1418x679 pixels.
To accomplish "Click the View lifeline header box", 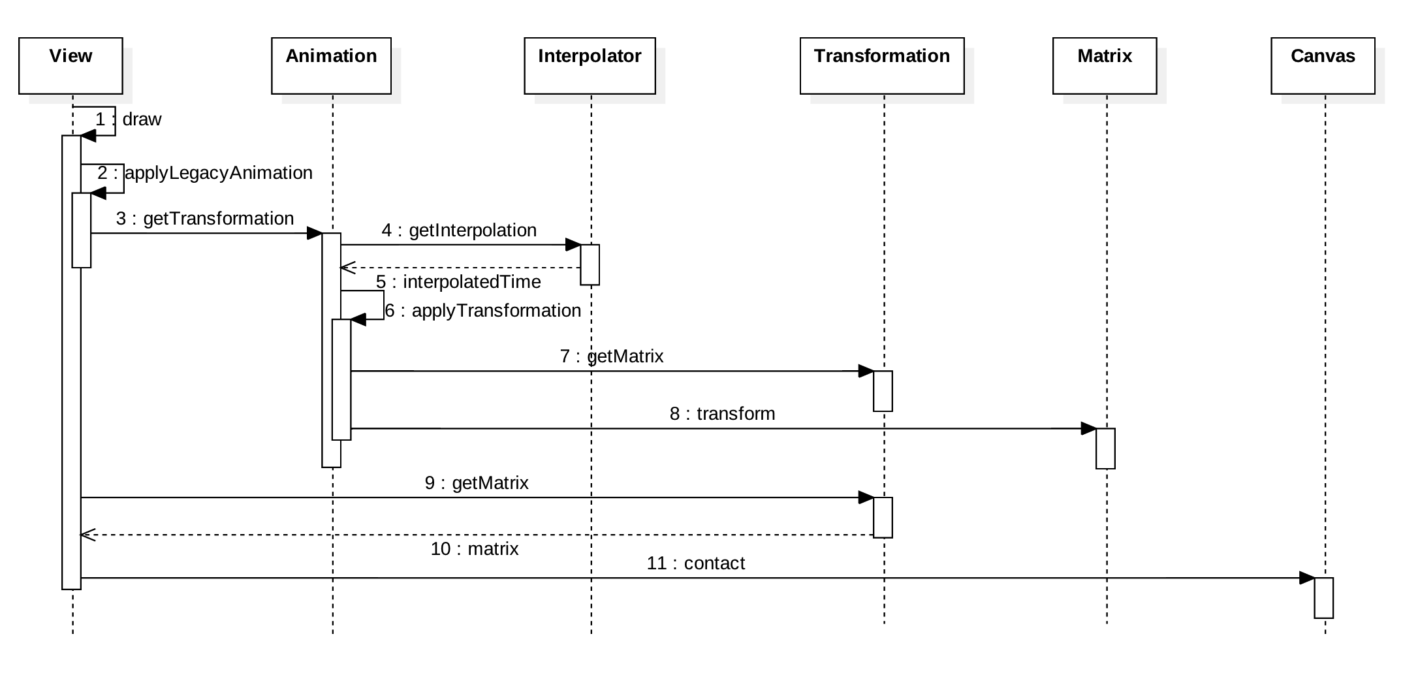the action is [71, 66].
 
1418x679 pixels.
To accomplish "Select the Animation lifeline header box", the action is [331, 66].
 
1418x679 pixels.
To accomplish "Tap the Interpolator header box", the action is [590, 66].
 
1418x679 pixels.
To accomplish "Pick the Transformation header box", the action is [882, 66].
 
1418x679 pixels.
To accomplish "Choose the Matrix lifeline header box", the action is [1105, 66].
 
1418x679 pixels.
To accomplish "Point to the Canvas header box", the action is [1323, 66].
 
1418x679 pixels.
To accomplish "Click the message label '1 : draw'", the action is [129, 119].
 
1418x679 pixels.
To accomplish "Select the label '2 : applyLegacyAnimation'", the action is [205, 173].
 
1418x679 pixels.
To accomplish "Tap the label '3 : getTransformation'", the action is [205, 218].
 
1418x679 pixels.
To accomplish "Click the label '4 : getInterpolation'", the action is [459, 230].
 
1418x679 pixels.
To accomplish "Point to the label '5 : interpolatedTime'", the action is [458, 281].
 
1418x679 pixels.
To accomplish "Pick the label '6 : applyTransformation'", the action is [482, 310].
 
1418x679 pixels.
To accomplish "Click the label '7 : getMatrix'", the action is [612, 356].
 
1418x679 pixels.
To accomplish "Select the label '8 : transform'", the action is [722, 413].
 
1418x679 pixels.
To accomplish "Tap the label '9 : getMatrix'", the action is [477, 482].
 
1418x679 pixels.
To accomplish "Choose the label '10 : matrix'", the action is [475, 548].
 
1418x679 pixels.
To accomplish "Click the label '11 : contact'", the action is [695, 563].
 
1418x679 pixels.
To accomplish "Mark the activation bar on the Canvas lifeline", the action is [1323, 597].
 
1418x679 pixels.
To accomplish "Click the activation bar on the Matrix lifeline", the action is [1105, 449].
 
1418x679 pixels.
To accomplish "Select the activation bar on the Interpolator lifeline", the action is [590, 264].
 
